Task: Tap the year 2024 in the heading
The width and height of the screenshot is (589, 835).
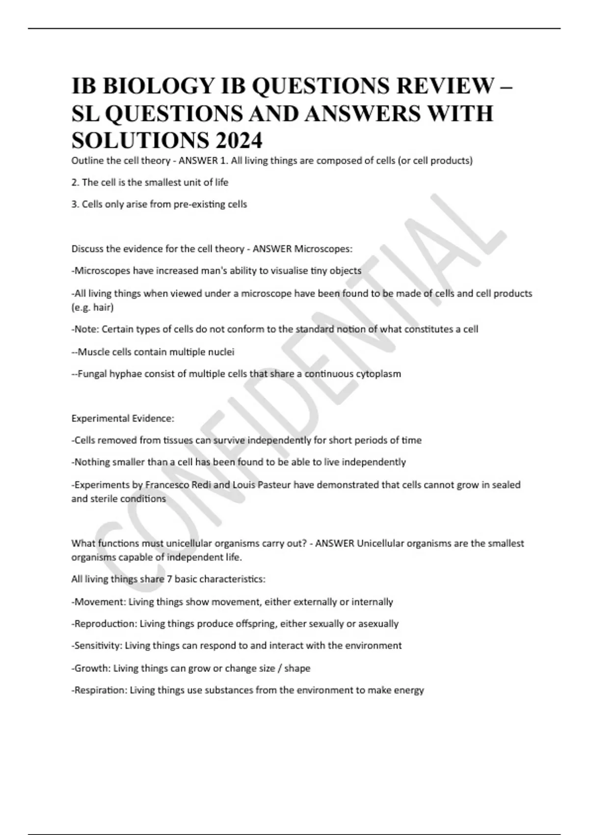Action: pyautogui.click(x=238, y=141)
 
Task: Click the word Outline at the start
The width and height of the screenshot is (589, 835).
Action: pyautogui.click(x=86, y=161)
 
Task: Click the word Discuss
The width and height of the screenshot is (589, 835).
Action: pyautogui.click(x=87, y=249)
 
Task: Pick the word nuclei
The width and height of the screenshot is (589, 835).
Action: pyautogui.click(x=221, y=352)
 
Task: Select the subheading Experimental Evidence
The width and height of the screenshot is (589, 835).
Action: pyautogui.click(x=123, y=418)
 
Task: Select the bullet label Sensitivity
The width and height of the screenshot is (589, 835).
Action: pyautogui.click(x=98, y=645)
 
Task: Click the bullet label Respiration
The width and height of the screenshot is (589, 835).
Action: pyautogui.click(x=100, y=690)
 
